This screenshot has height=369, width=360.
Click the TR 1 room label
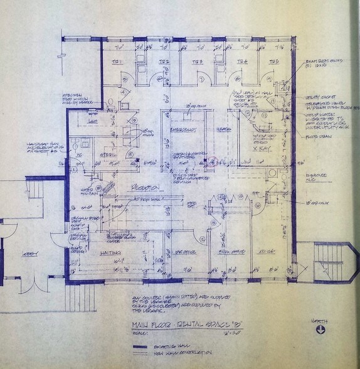coord(116,63)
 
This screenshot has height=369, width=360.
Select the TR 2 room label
coord(164,62)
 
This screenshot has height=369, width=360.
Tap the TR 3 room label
coord(198,62)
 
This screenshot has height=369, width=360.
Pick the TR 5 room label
coord(273,62)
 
